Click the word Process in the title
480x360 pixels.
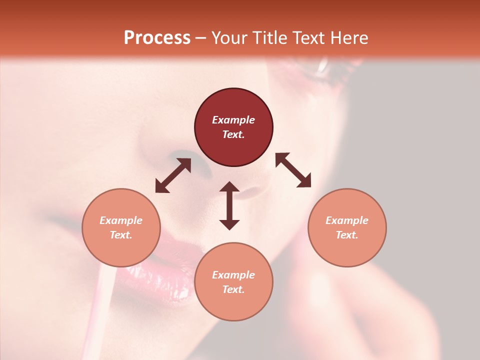pyautogui.click(x=157, y=38)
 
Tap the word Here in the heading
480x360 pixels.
pyautogui.click(x=348, y=38)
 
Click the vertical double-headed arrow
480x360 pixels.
pyautogui.click(x=229, y=205)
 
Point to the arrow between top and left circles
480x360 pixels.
pyautogui.click(x=173, y=175)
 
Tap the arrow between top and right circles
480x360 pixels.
pyautogui.click(x=293, y=170)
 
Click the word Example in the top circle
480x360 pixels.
pyautogui.click(x=233, y=120)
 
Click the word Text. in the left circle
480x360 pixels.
pyautogui.click(x=121, y=235)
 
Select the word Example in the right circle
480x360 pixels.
pyautogui.click(x=347, y=220)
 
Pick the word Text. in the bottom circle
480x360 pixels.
pyautogui.click(x=233, y=289)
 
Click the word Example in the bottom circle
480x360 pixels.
pyautogui.click(x=233, y=275)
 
